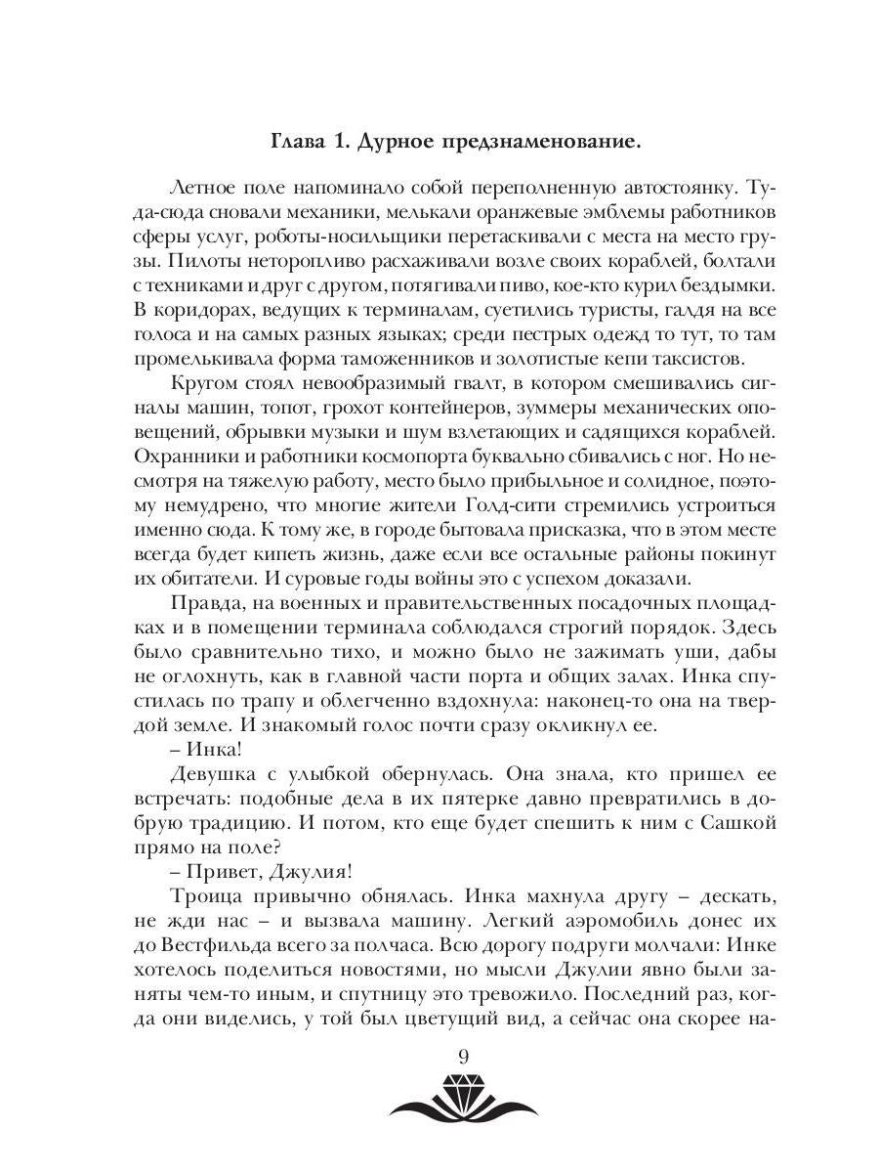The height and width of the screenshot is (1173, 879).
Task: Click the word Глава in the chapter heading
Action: coord(298,144)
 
